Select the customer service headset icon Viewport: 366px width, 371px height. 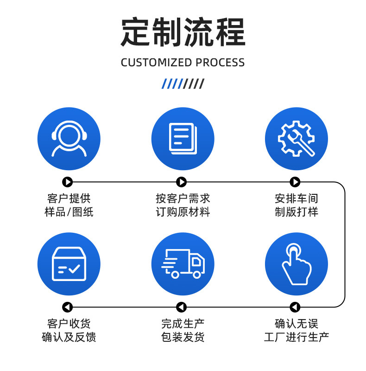[x=69, y=139]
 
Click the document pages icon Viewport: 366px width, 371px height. [x=183, y=139]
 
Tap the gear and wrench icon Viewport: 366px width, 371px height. [x=296, y=139]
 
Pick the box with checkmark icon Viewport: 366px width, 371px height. [x=69, y=264]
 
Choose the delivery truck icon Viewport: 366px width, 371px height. [x=183, y=264]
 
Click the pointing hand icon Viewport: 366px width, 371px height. [x=296, y=264]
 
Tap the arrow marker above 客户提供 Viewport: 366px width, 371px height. [x=68, y=182]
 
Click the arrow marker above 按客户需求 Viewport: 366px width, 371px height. [x=182, y=182]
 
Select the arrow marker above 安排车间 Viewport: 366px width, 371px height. [x=295, y=182]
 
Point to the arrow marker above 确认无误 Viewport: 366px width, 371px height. [x=295, y=307]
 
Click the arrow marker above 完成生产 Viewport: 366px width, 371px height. [x=182, y=307]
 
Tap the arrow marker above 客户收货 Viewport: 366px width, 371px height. [x=68, y=307]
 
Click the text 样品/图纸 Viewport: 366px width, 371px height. [x=69, y=212]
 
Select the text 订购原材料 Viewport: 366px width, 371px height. [x=183, y=212]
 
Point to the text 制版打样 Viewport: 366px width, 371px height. [x=296, y=212]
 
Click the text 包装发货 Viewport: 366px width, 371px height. [x=183, y=337]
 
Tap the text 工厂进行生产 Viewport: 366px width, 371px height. [x=296, y=337]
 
